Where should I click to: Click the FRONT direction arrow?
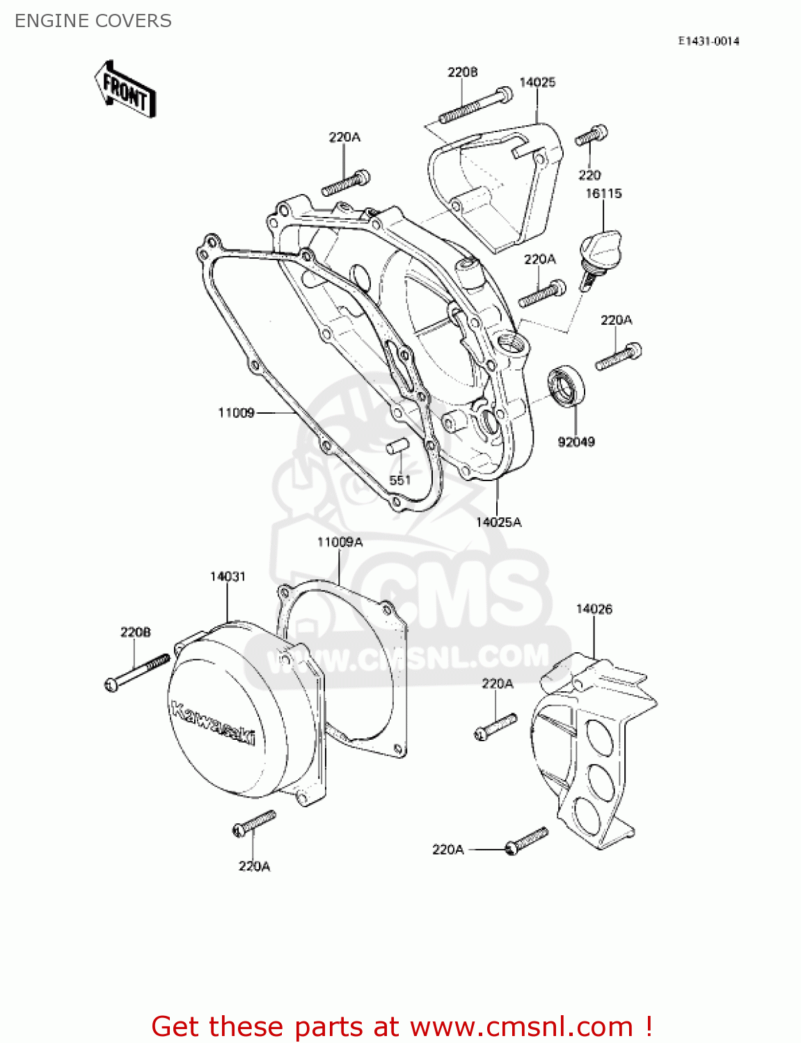tap(125, 90)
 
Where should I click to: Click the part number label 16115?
tap(603, 193)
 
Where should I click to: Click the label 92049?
tap(576, 442)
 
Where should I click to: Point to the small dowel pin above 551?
tap(396, 446)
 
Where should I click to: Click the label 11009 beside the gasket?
tap(236, 413)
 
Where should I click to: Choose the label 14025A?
tap(498, 522)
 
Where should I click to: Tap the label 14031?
tap(228, 576)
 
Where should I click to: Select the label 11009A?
tap(340, 542)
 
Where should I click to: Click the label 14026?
tap(594, 609)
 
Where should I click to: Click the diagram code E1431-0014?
tap(708, 41)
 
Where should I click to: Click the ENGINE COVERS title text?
tap(93, 21)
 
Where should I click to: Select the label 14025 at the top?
tap(537, 82)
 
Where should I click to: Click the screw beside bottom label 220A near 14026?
tap(526, 841)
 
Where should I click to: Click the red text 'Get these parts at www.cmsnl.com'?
tap(402, 1026)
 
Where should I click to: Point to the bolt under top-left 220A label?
tap(346, 183)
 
